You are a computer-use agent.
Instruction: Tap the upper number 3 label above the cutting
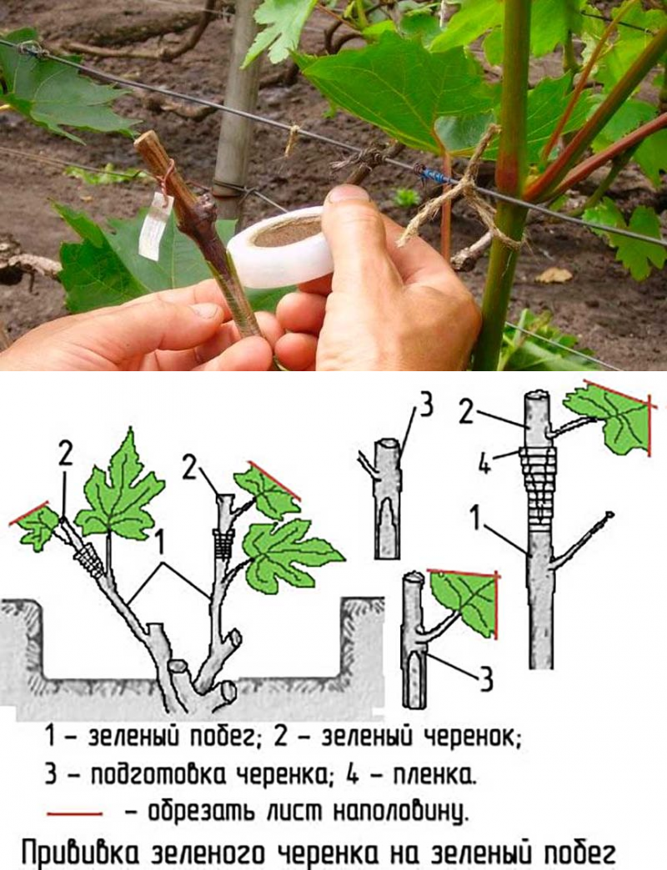click(x=424, y=408)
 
